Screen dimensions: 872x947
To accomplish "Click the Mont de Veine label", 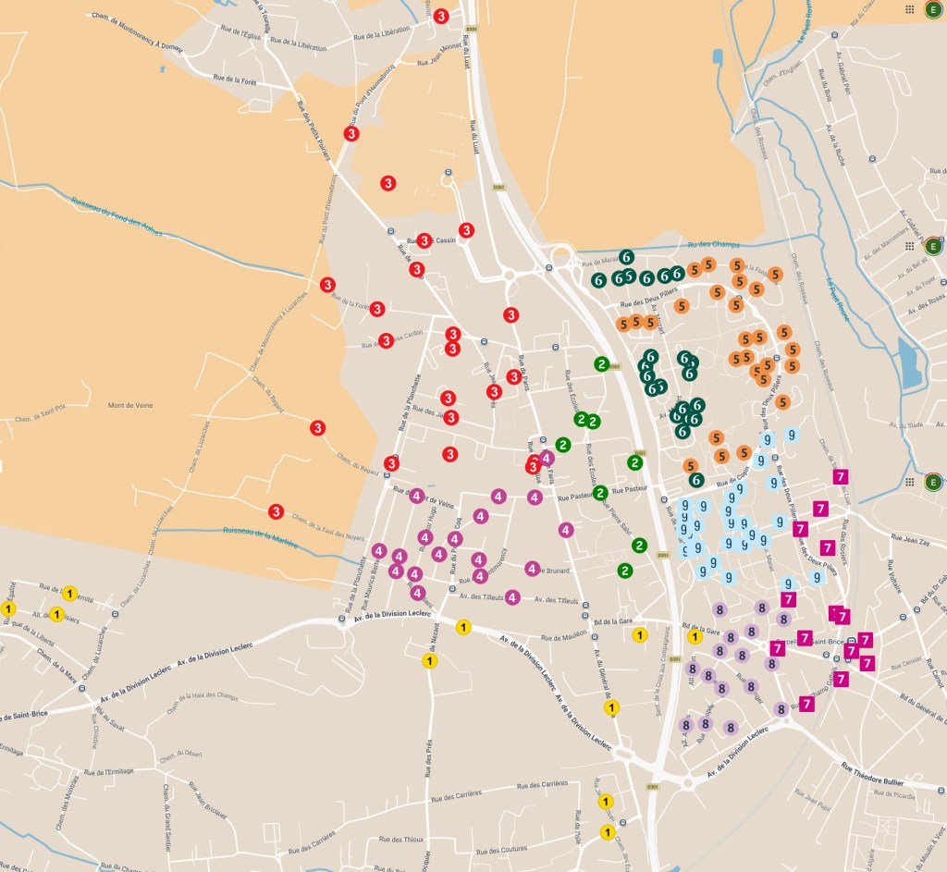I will (x=130, y=405).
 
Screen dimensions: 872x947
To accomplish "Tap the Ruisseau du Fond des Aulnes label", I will (x=117, y=215).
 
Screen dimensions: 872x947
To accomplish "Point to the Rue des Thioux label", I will (x=400, y=839).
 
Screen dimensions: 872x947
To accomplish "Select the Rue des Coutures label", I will (x=503, y=848).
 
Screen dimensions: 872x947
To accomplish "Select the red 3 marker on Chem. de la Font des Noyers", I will (x=276, y=511).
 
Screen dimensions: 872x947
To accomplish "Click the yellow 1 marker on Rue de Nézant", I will (x=429, y=660).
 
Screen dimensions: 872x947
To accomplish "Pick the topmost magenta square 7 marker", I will (x=841, y=476).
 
